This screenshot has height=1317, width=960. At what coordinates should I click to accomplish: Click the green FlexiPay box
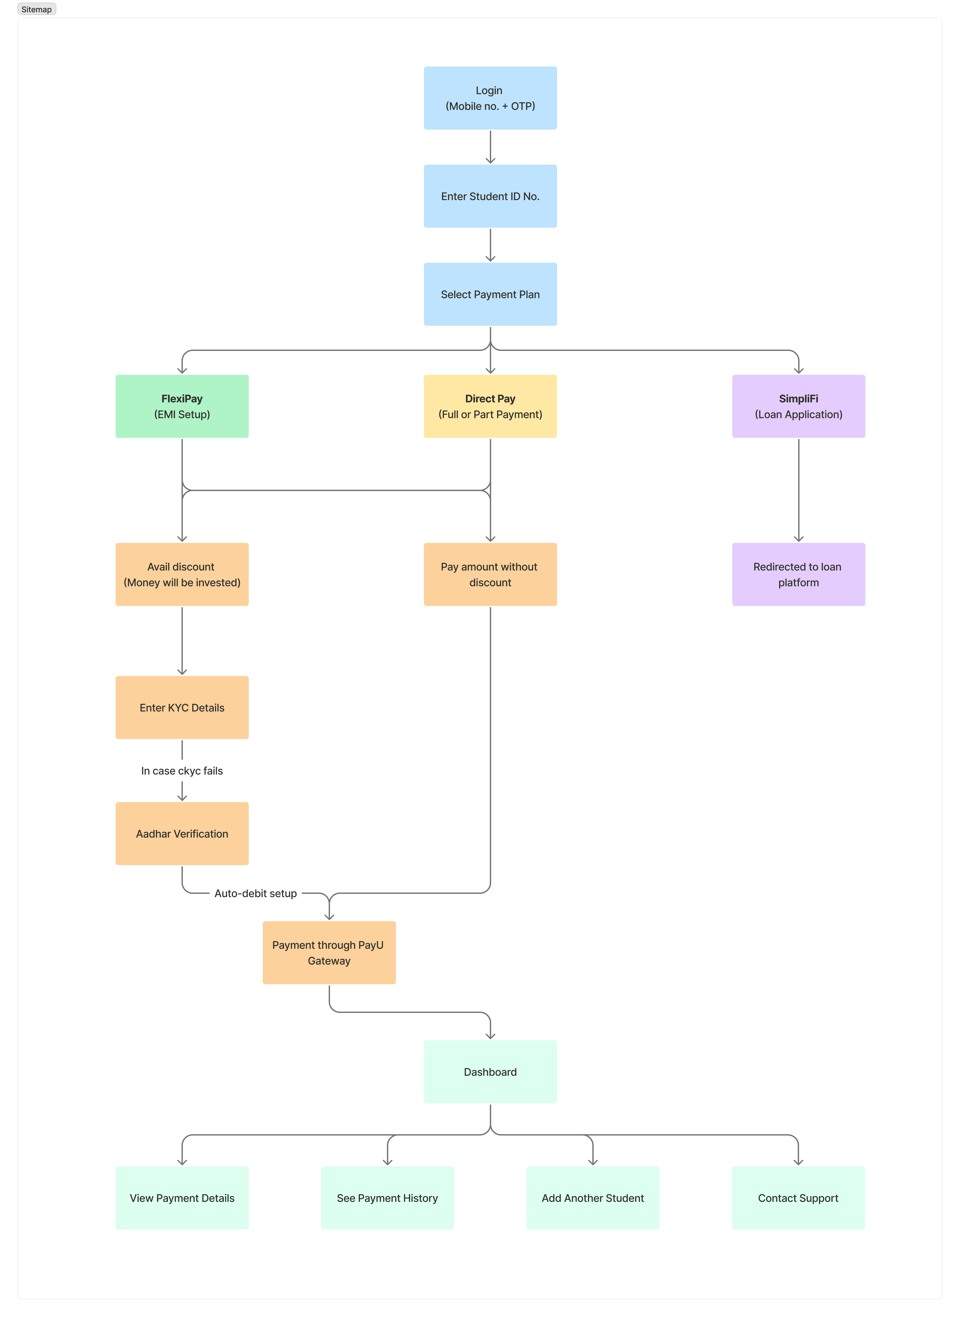tap(182, 406)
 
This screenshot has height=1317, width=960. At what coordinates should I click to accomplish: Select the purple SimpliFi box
tap(798, 406)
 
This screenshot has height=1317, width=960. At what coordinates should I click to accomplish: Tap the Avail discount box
tap(182, 575)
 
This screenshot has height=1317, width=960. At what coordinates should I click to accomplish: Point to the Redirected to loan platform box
tap(798, 575)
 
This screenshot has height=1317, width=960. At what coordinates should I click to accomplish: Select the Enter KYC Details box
tap(182, 708)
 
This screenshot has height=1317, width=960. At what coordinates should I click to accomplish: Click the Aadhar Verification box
tap(182, 834)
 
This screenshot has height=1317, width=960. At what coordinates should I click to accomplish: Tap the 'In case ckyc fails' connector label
tap(182, 771)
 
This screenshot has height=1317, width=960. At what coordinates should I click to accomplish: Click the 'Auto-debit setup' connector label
tap(256, 893)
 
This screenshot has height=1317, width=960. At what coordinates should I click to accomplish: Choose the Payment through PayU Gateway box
tap(329, 953)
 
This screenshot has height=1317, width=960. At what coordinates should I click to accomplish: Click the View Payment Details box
tap(182, 1198)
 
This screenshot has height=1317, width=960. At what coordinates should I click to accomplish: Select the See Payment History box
tap(387, 1198)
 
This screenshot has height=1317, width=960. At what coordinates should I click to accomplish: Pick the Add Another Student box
tap(593, 1198)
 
